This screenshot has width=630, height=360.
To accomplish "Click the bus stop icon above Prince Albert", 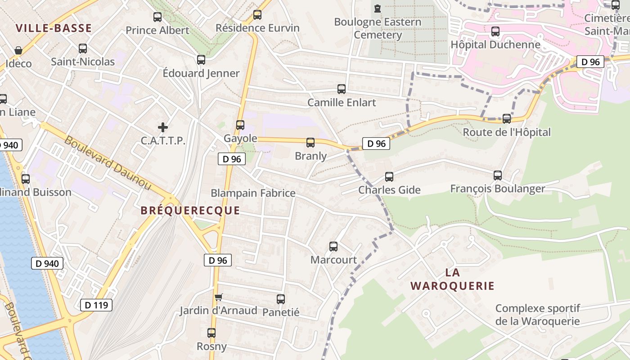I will point(157,17).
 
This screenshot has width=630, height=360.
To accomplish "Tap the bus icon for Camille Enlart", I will point(342,89).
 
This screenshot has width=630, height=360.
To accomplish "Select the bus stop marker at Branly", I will point(310,143).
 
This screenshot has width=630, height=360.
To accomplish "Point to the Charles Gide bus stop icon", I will point(389,177).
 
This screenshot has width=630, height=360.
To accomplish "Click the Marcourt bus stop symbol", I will point(333,247).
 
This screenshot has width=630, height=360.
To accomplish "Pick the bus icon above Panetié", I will point(281,299).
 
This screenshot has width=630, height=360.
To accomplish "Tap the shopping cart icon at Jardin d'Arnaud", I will point(219,297).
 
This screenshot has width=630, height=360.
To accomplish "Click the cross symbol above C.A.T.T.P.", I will point(163,127).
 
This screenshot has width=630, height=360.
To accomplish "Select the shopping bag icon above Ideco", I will point(18,50).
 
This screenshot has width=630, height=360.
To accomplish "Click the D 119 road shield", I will point(96,305).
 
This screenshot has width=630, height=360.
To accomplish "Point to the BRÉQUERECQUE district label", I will point(190,211).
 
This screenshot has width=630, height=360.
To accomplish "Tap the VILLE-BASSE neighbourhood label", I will point(54,28).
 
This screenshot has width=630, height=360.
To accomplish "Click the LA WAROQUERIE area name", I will point(452,279).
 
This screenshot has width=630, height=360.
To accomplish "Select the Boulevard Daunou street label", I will point(108,162).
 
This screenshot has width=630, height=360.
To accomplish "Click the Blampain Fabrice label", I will point(253,193).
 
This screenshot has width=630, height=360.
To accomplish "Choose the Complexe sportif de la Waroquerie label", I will point(538,315).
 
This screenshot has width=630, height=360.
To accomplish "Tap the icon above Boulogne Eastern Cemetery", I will point(378,8).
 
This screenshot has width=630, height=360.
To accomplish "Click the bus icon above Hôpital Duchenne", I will point(495,31).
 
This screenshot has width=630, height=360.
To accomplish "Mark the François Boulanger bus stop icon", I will point(498,175).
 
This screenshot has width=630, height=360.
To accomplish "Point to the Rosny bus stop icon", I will point(211,333).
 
